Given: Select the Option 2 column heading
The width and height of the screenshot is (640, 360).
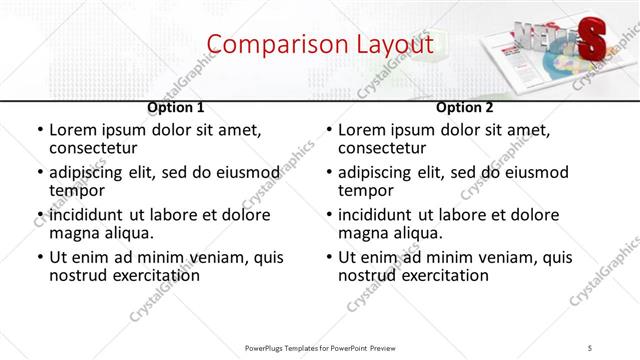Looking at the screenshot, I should pyautogui.click(x=464, y=107).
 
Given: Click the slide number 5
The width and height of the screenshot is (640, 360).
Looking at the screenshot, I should pyautogui.click(x=590, y=347).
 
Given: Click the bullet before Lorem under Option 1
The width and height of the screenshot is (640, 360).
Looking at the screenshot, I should pyautogui.click(x=40, y=130).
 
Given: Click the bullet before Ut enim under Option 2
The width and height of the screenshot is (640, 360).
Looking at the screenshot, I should pyautogui.click(x=329, y=257).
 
